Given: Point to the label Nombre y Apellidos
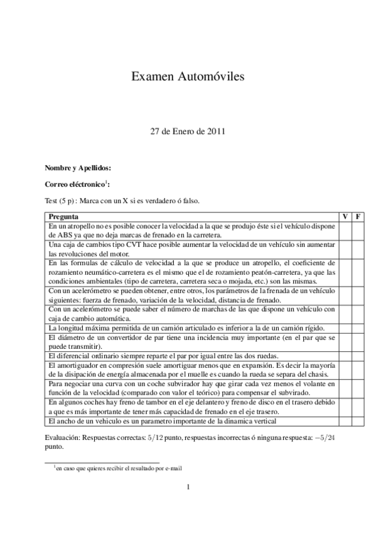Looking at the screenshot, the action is (78, 168).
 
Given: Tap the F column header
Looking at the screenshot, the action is (358, 216).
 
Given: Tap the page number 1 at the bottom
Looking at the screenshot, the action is (188, 487).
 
